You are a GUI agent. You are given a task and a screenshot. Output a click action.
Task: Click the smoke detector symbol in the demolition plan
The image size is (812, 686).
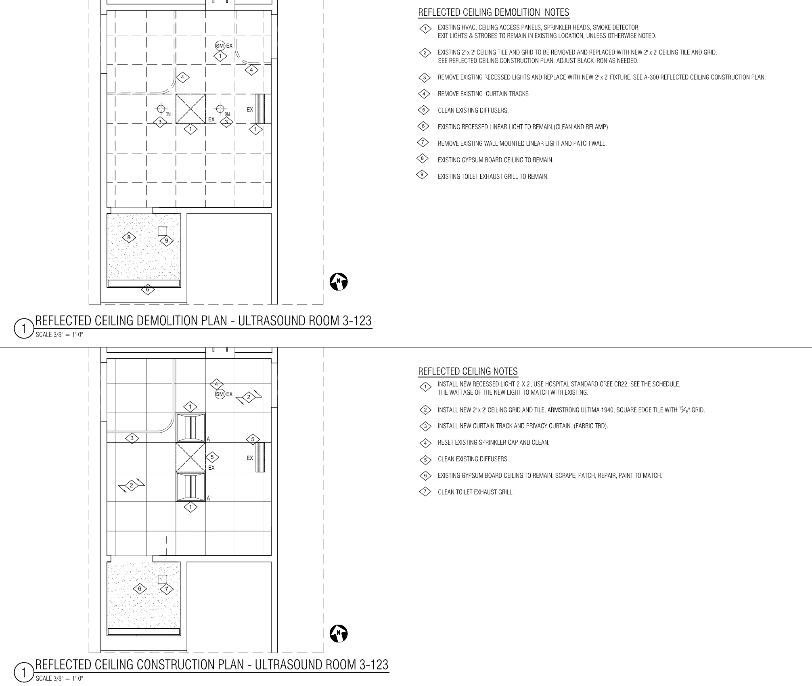tap(220, 46)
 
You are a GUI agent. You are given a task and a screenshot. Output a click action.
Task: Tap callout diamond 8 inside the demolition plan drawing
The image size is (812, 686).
tap(129, 237)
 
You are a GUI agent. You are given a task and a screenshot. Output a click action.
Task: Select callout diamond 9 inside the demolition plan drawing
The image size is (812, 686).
tap(167, 241)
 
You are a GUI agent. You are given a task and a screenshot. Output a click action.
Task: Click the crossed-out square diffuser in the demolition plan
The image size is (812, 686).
tap(190, 109)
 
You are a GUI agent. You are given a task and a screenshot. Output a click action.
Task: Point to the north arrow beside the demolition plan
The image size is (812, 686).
tap(339, 282)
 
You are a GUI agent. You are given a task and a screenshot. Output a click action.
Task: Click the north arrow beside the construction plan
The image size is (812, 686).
tap(339, 634)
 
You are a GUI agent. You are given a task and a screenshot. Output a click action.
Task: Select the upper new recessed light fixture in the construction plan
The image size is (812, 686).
tap(190, 428)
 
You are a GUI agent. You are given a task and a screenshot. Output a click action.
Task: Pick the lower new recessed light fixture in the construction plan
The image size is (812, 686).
tap(190, 487)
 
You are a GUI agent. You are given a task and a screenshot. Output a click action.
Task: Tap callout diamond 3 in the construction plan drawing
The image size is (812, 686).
tap(132, 438)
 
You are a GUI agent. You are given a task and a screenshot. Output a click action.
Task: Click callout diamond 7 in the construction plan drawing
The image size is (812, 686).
tap(166, 589)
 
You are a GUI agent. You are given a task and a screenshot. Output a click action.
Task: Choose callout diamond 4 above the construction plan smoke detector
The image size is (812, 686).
tap(216, 384)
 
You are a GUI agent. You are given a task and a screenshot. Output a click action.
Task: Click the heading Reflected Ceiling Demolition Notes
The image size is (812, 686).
tap(494, 13)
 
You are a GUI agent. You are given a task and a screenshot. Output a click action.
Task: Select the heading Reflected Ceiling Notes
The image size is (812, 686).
tap(468, 371)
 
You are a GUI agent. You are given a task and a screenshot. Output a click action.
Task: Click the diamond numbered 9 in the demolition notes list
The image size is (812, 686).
tap(422, 175)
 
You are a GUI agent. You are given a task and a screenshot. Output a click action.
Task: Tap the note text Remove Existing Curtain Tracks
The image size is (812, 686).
tap(483, 94)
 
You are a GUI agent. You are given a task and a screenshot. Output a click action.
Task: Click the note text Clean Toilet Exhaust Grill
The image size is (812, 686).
tap(476, 492)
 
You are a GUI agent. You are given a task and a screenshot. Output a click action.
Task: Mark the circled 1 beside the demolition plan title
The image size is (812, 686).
tap(24, 329)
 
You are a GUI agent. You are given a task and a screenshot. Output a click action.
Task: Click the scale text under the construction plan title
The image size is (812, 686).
tap(59, 679)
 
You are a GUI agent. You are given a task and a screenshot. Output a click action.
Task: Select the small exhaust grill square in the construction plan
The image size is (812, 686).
tap(162, 579)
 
